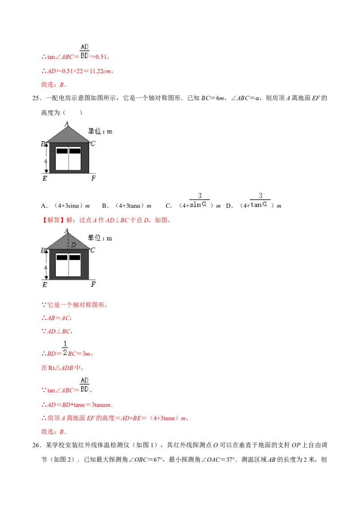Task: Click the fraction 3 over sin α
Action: tap(199, 200)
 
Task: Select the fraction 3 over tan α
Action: tap(261, 200)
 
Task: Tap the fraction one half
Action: tap(65, 348)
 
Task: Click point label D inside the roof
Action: tap(73, 245)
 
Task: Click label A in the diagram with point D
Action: tap(67, 231)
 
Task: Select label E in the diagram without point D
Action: tap(45, 179)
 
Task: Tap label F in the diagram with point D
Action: tap(93, 284)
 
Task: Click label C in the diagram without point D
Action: tap(93, 144)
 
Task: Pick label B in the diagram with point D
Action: tap(44, 250)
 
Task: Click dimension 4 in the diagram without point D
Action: tap(45, 159)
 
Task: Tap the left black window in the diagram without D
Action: tap(62, 151)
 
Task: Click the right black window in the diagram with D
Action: tap(74, 258)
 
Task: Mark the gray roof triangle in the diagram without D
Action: tap(67, 135)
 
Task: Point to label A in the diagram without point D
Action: tap(67, 123)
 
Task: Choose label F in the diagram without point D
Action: tap(93, 179)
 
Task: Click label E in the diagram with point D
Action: tap(45, 284)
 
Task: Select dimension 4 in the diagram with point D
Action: tap(45, 266)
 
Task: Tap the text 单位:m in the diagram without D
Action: tap(100, 131)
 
